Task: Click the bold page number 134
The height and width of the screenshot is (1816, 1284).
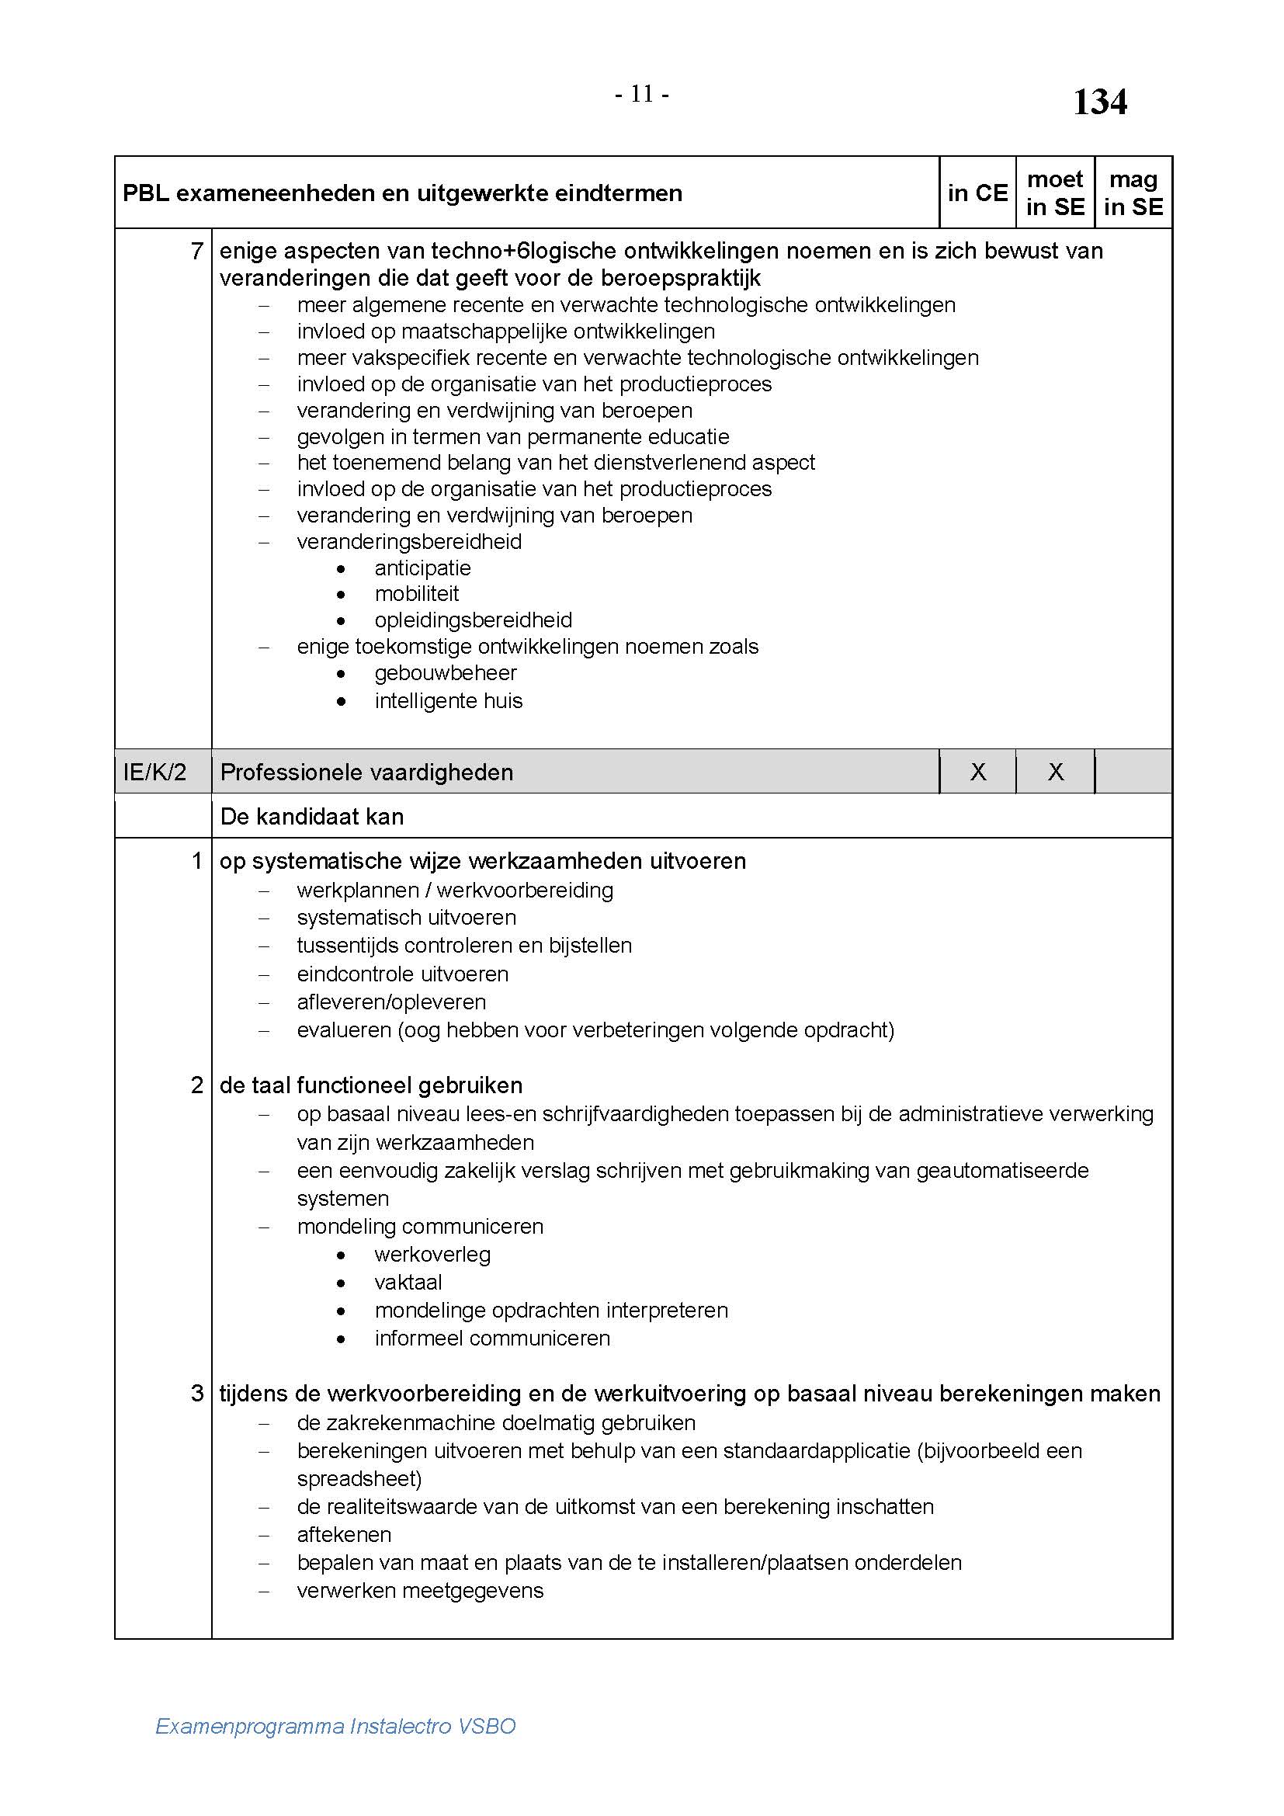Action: click(x=1099, y=102)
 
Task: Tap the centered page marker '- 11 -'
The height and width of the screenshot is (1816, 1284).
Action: click(x=642, y=95)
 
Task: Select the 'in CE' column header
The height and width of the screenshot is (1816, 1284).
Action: click(x=977, y=193)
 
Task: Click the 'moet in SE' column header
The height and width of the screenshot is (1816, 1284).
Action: click(x=1055, y=193)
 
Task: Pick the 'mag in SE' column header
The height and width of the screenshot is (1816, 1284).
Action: click(x=1133, y=193)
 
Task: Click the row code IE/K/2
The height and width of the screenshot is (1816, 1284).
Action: click(x=155, y=772)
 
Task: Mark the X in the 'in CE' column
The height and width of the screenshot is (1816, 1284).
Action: click(x=978, y=772)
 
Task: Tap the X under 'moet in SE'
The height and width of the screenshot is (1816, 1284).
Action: click(x=1056, y=772)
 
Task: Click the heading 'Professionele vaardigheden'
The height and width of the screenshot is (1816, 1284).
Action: click(x=366, y=772)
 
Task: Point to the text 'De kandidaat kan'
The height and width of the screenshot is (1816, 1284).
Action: click(x=311, y=816)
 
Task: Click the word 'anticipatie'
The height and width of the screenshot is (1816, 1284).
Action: click(x=422, y=568)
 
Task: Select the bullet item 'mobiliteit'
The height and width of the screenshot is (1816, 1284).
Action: click(x=417, y=594)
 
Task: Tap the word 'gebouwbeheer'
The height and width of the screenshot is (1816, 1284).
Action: click(x=445, y=673)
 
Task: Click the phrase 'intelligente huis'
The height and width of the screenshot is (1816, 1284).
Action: click(x=448, y=701)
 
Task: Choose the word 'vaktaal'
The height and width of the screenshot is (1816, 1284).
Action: click(x=408, y=1282)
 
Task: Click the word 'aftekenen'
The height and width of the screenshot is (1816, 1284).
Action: click(x=344, y=1534)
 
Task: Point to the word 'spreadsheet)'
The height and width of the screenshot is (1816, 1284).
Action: click(x=359, y=1478)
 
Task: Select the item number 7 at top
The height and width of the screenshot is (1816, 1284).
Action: click(x=197, y=252)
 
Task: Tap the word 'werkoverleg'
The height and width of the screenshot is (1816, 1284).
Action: click(x=432, y=1255)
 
